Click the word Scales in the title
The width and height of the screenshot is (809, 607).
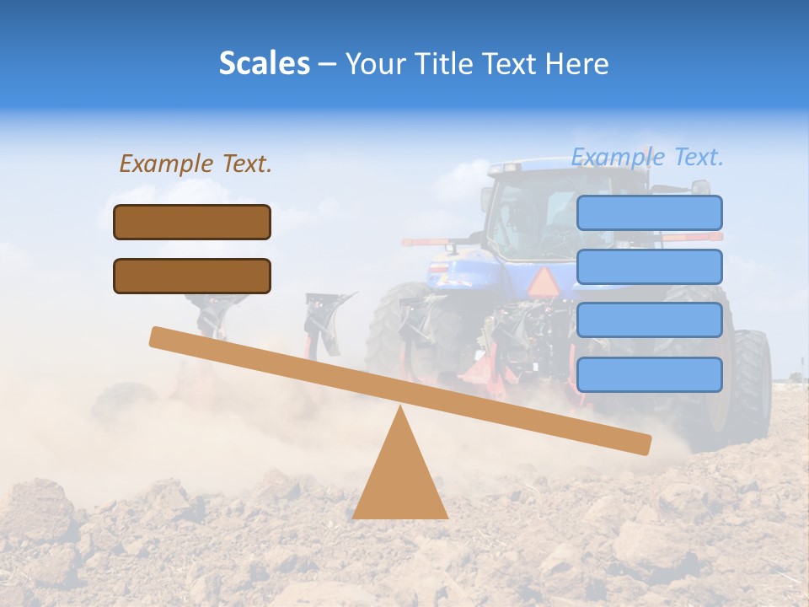[x=264, y=63]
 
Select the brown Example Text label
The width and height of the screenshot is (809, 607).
[x=196, y=164]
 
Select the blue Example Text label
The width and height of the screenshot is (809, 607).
[x=647, y=157]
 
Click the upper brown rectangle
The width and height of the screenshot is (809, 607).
[x=192, y=222]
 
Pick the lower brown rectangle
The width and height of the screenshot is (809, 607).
[x=192, y=276]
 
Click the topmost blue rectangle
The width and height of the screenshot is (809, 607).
[x=649, y=212]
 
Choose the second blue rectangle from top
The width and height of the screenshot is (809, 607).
[x=649, y=266]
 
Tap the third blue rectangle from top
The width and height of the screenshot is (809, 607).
[x=649, y=320]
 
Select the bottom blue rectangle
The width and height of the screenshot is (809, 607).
[x=649, y=374]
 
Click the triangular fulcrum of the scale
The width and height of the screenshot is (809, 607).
[x=399, y=476]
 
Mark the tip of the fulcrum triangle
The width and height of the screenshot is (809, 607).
[x=399, y=408]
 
